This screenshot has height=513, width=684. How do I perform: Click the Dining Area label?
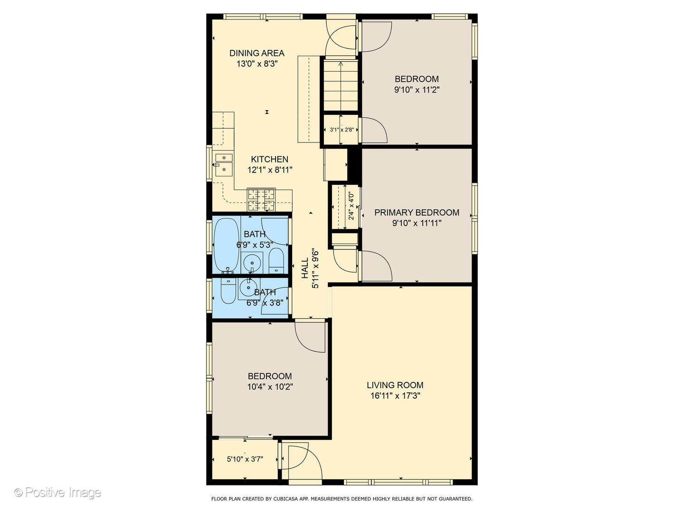(x=256, y=53)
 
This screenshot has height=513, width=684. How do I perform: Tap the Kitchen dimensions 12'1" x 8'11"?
(x=269, y=170)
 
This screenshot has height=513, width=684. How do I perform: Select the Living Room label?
(x=395, y=385)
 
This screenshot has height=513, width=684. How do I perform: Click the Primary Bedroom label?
(x=417, y=212)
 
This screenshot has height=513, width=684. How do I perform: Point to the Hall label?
(x=305, y=268)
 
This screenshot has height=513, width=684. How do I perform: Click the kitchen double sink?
(x=223, y=163)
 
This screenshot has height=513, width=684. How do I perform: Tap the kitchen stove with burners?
(x=261, y=199)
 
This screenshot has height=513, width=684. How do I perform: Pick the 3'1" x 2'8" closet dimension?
(x=342, y=129)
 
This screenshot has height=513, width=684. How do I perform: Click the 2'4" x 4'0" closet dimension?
(x=351, y=206)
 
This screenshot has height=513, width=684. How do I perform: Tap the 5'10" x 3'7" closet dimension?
(x=245, y=459)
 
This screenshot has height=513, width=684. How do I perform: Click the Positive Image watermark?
(x=58, y=493)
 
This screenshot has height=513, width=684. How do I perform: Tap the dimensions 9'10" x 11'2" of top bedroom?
(x=417, y=90)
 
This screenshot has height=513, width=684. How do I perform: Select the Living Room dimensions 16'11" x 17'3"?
(x=395, y=396)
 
